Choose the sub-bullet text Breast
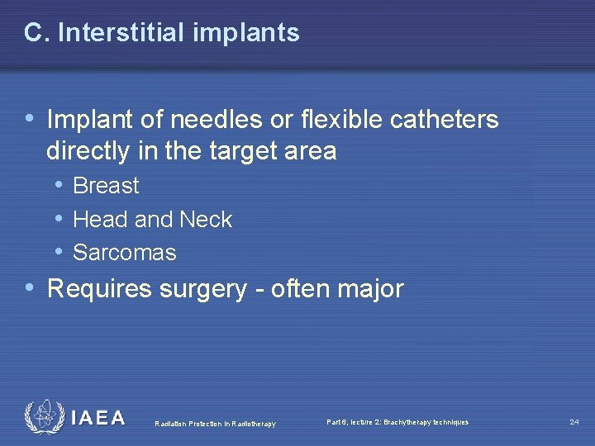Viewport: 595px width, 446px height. (106, 187)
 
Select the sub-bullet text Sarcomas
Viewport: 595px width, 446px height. (124, 253)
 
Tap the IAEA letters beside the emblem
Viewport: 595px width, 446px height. (98, 418)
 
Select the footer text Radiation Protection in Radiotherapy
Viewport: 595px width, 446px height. (215, 425)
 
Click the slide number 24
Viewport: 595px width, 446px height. (574, 422)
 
